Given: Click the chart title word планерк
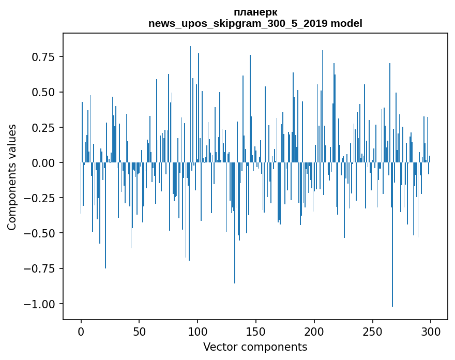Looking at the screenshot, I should coord(255,12).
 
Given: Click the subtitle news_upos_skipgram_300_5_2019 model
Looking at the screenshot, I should coord(255,23).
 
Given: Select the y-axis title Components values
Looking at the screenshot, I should coord(12,177).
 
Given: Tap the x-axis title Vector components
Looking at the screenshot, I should coord(255,347).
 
